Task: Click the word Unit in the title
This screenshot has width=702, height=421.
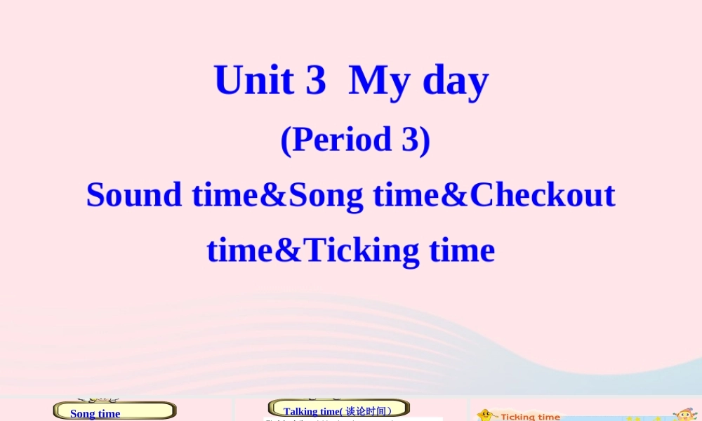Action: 253,80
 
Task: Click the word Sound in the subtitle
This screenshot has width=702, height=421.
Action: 134,194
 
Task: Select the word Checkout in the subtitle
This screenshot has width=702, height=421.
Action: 542,194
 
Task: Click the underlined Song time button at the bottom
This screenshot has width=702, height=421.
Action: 95,413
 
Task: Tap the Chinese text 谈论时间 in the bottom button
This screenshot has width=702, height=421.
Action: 369,411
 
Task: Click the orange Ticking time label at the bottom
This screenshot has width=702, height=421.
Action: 530,416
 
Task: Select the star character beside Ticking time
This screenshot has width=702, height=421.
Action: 486,415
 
